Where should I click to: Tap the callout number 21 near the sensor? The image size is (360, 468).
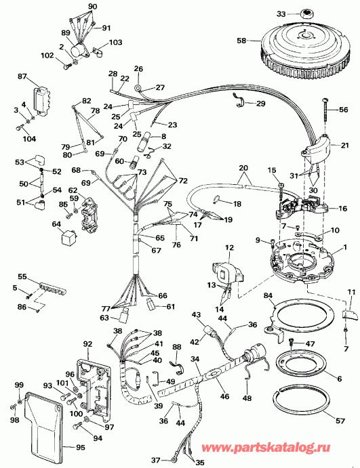[x=345, y=145]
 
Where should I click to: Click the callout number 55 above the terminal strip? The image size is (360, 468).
[x=22, y=278]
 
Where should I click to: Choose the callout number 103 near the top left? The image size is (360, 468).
[x=115, y=42]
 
